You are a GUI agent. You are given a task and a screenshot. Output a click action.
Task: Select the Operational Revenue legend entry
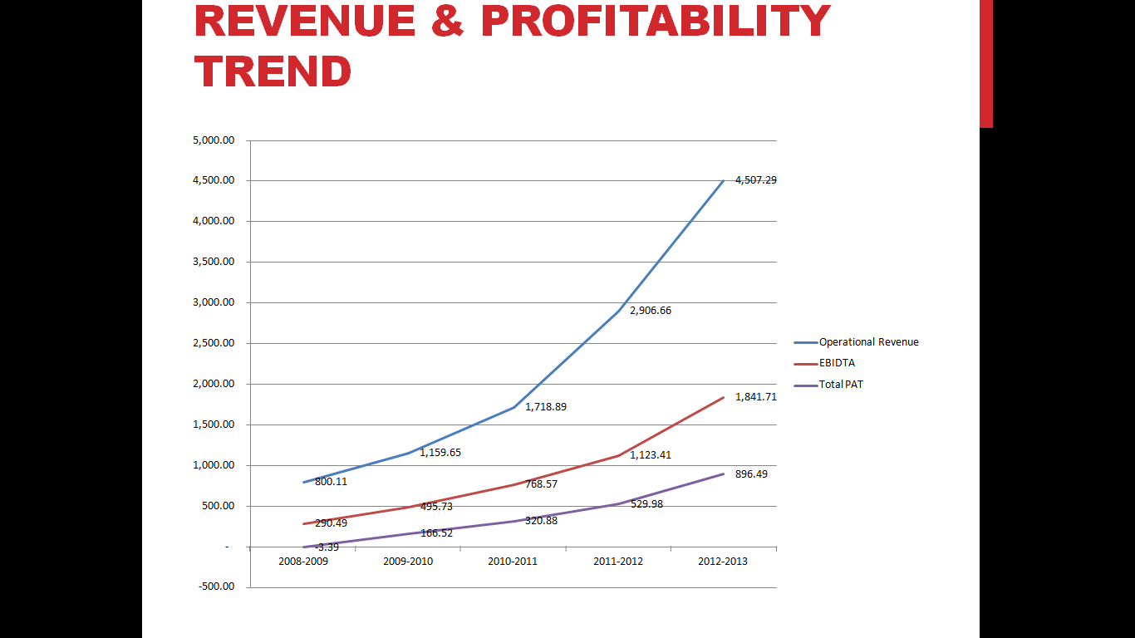click(868, 342)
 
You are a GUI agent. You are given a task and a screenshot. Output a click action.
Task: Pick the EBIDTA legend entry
click(837, 363)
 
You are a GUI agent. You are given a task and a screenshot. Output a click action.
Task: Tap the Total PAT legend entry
click(841, 385)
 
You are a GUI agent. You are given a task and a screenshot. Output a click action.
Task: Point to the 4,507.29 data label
click(756, 180)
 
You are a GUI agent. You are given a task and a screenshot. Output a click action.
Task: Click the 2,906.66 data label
click(650, 311)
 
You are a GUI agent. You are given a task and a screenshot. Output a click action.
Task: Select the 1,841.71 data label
click(756, 397)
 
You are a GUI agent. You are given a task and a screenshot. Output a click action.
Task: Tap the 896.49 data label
click(751, 474)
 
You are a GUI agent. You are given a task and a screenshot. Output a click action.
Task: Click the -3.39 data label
click(327, 547)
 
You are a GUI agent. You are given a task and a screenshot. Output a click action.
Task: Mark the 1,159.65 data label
click(440, 453)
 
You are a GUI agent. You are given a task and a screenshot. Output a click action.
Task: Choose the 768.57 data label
click(541, 483)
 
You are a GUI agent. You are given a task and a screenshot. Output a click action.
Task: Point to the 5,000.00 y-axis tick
click(214, 140)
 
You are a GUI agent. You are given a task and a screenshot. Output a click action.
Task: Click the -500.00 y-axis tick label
click(215, 587)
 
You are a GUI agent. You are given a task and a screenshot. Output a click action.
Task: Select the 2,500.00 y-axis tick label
click(214, 343)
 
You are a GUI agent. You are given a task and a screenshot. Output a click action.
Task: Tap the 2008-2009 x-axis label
click(303, 562)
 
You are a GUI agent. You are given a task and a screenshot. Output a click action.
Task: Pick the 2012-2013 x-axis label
click(722, 562)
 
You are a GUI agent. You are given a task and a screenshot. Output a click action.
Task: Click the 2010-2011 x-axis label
click(513, 562)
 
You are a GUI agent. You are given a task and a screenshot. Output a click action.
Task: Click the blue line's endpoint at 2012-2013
click(724, 180)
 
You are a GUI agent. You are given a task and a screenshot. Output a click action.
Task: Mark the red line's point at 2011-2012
click(618, 455)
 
